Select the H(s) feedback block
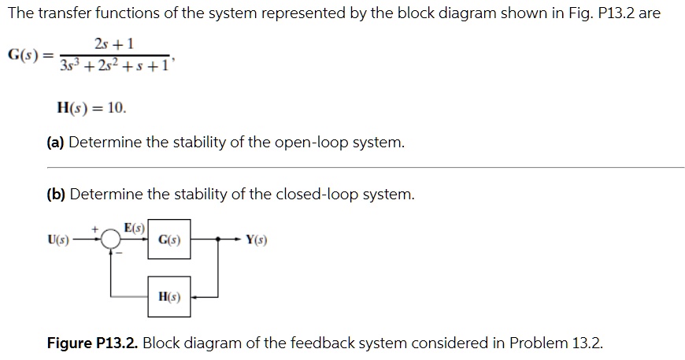[168, 297]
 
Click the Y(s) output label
[256, 239]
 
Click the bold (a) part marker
[56, 143]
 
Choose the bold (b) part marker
[56, 194]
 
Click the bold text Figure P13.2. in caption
[92, 343]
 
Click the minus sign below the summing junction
[120, 254]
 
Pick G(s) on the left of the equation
[24, 54]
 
